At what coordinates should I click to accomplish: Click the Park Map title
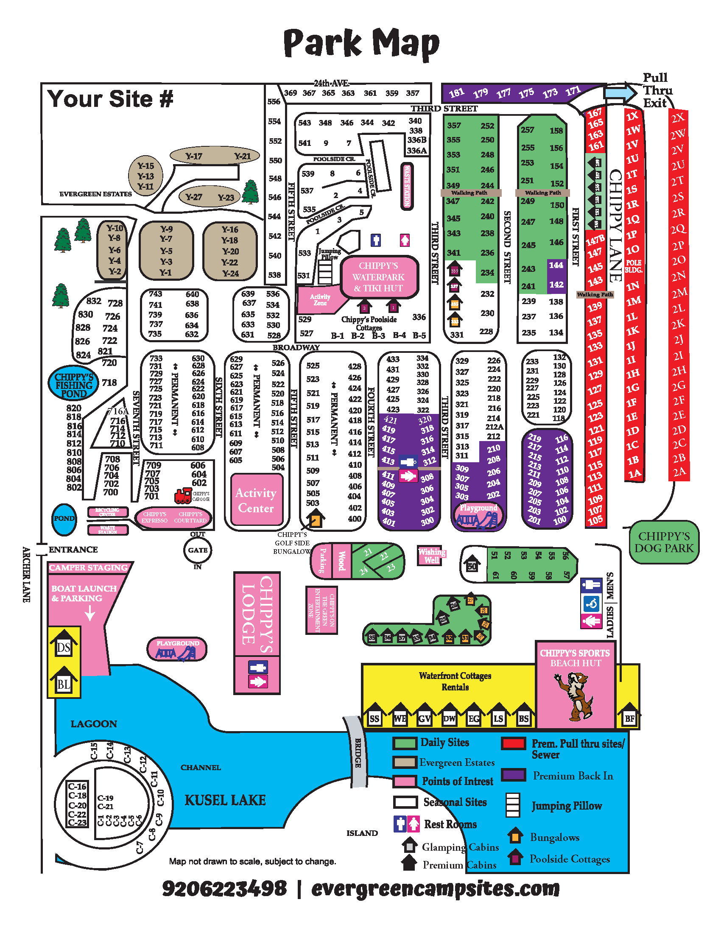(361, 43)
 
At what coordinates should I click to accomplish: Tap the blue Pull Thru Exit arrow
(620, 92)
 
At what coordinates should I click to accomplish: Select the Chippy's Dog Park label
(664, 542)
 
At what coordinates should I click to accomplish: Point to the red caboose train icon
(183, 495)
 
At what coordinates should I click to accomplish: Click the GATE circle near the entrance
(197, 550)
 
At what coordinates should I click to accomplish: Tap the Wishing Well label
(431, 556)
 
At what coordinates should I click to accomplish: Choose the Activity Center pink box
(256, 500)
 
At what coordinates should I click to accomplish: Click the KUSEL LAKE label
(225, 800)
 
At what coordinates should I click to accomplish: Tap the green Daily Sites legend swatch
(405, 743)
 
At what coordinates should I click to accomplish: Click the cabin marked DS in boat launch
(64, 646)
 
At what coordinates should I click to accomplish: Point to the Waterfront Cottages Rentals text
(455, 681)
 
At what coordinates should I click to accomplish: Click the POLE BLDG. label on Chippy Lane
(634, 267)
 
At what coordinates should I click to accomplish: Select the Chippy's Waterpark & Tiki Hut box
(378, 277)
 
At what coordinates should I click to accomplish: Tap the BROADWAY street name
(296, 347)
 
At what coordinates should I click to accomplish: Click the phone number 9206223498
(224, 889)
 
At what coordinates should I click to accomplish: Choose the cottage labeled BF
(629, 717)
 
